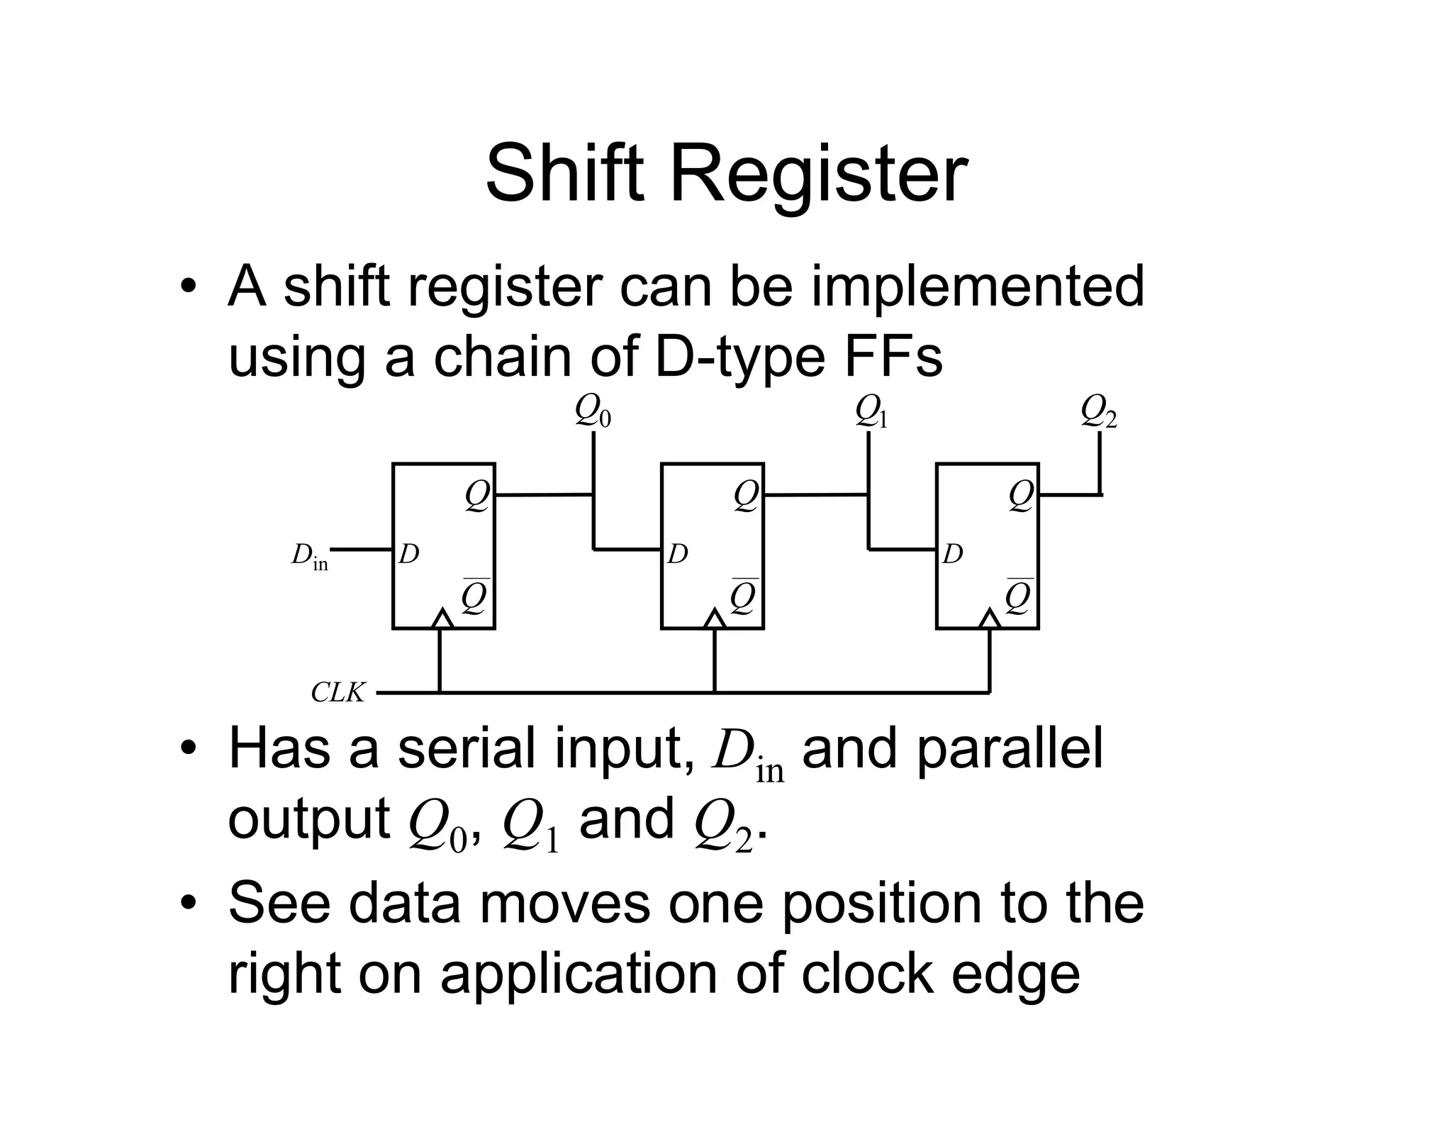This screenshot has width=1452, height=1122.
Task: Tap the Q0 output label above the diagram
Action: tap(593, 411)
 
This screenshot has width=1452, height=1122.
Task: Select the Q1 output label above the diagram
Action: tap(871, 411)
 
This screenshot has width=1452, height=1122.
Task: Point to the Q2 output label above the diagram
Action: tap(1098, 411)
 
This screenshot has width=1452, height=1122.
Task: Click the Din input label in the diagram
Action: tap(310, 555)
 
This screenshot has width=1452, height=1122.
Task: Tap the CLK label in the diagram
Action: tap(338, 692)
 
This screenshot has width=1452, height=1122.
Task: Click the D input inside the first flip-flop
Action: tap(409, 554)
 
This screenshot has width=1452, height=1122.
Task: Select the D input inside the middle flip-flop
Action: tap(678, 554)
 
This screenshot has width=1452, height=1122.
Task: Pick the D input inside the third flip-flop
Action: tap(953, 554)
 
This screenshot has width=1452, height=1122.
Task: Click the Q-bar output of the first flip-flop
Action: tap(475, 597)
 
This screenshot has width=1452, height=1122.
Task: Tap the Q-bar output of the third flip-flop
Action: tap(1019, 597)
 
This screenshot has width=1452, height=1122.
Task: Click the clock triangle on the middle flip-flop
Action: tap(715, 619)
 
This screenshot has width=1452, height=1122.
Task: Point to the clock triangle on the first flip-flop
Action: tap(442, 619)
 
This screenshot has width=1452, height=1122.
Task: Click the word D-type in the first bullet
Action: tap(740, 357)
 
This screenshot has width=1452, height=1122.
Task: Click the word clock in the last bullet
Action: tap(866, 974)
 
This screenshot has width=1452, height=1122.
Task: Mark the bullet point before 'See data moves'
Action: tap(188, 904)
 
